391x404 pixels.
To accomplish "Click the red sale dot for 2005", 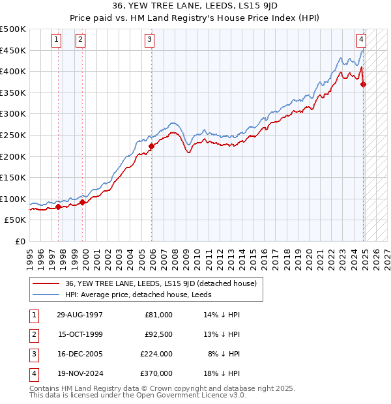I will pos(151,146).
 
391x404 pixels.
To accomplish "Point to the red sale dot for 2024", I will pos(364,84).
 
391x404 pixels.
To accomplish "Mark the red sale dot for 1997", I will pos(58,207).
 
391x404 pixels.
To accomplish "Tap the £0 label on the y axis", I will pos(20,241).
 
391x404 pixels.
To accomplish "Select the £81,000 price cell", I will pos(157,315).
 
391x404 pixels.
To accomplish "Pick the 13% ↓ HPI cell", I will pos(222,334).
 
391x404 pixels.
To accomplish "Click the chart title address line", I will pos(195,8).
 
